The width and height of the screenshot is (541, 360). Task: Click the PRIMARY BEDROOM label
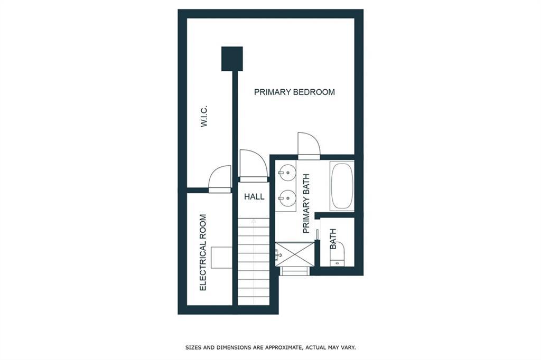click(294, 92)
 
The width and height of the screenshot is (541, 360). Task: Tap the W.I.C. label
click(204, 116)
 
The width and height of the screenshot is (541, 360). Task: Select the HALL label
click(254, 196)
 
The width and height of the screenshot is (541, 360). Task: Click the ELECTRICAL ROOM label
click(203, 252)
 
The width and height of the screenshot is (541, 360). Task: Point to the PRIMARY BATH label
click(306, 203)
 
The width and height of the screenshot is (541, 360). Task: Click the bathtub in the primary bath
click(342, 186)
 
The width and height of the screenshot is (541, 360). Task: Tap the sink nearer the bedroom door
click(287, 172)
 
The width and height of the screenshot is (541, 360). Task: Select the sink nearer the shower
click(287, 198)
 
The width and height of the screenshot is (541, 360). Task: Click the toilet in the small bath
click(337, 254)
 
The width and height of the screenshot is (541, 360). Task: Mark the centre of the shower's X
click(295, 254)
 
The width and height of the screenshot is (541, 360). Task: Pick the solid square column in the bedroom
click(232, 59)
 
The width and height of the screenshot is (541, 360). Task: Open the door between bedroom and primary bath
click(309, 146)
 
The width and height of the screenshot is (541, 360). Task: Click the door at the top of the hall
click(253, 166)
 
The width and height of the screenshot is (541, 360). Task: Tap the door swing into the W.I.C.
click(220, 179)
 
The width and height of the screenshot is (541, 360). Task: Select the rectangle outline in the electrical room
click(221, 257)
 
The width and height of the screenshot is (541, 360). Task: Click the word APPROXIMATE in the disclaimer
click(283, 347)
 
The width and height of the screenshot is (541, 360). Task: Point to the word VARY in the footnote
click(348, 347)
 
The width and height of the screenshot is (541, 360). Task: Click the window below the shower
click(294, 271)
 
